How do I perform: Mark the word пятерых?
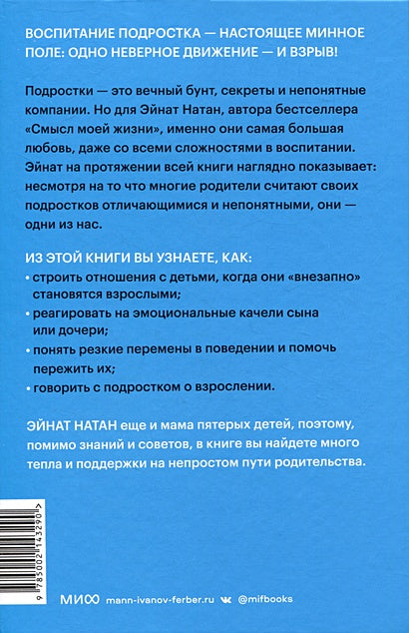coord(216,424)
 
